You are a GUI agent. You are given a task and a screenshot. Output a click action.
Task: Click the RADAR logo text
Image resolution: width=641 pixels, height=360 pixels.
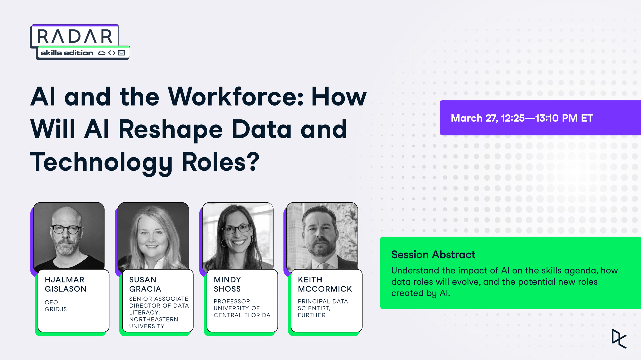click(74, 36)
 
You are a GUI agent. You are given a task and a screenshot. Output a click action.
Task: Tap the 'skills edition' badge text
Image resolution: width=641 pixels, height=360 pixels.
click(67, 53)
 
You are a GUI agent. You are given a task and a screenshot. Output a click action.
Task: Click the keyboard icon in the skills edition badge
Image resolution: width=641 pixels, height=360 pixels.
click(121, 53)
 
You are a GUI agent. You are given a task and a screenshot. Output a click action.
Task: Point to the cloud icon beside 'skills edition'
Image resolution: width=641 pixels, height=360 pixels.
click(102, 53)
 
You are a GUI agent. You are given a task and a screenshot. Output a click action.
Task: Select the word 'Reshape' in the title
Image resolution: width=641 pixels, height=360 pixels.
click(171, 130)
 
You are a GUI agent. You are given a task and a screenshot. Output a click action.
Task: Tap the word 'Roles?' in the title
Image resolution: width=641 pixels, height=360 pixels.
click(220, 162)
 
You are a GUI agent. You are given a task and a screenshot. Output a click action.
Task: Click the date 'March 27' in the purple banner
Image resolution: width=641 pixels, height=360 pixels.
click(474, 118)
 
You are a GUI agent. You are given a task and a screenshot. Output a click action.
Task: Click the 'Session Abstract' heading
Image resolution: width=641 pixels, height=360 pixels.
click(433, 255)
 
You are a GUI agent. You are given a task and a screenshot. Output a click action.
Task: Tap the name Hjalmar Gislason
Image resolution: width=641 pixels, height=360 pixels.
click(66, 284)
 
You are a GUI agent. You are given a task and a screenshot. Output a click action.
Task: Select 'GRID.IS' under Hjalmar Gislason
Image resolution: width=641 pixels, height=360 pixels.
click(56, 309)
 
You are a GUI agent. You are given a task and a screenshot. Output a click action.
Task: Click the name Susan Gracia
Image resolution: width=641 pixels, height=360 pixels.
click(145, 284)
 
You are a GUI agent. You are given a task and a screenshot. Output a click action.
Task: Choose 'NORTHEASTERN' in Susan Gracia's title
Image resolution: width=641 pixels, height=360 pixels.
click(154, 319)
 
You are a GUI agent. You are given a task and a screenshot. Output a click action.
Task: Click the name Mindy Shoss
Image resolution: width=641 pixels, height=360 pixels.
click(227, 284)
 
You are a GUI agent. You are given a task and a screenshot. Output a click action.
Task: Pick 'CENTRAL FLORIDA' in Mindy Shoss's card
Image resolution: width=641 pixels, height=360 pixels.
click(242, 315)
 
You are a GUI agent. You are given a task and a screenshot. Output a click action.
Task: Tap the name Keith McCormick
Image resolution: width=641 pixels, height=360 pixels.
click(325, 284)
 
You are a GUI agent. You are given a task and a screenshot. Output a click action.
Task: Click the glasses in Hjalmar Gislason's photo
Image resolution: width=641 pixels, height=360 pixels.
click(66, 229)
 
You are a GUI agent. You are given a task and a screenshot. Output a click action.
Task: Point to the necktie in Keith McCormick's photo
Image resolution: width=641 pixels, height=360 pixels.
click(322, 266)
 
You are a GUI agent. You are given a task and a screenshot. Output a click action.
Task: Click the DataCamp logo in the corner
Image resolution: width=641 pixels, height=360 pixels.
click(619, 339)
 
